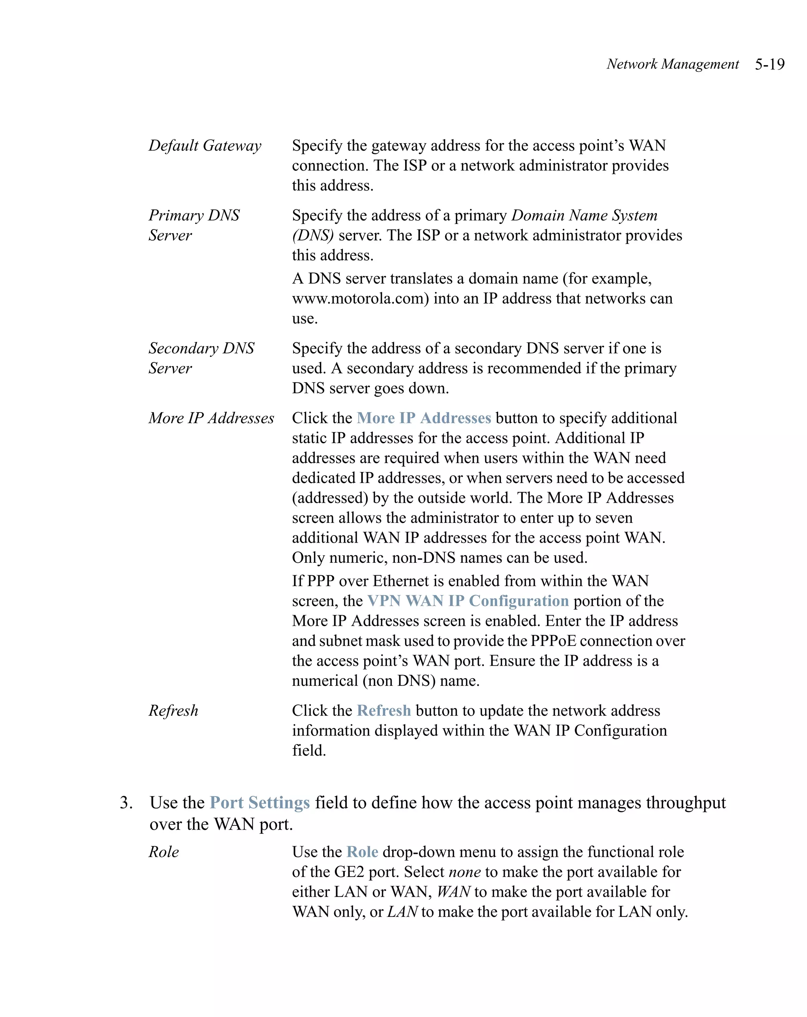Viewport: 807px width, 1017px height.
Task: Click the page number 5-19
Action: coord(769,64)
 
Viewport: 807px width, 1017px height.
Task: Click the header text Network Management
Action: coord(672,64)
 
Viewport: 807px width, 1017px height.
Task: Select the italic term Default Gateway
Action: coord(205,146)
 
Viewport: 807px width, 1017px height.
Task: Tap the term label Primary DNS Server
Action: coord(194,225)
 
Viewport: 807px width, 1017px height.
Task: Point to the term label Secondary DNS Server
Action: coord(201,358)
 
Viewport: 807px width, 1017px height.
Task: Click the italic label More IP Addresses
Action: coord(211,418)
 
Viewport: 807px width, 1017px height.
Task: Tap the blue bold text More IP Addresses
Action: coord(424,418)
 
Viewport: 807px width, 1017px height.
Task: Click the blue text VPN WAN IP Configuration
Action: coord(468,601)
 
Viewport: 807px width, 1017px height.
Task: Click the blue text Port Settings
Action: coord(260,803)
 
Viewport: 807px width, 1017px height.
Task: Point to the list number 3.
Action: coord(125,803)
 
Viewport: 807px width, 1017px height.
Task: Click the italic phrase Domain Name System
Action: coord(584,216)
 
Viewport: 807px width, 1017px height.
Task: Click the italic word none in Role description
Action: coord(465,872)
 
